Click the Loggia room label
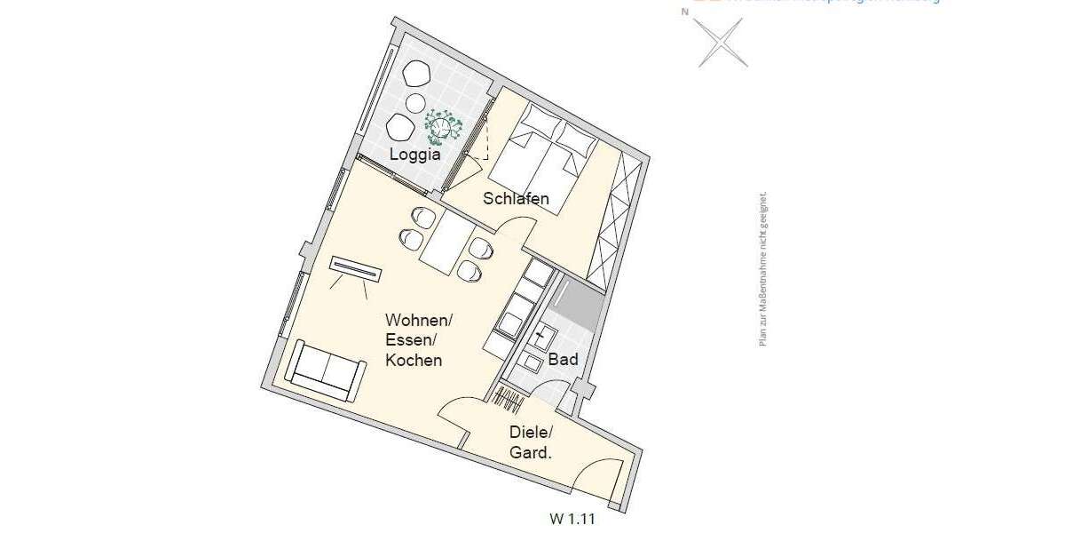(416, 155)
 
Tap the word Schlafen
(516, 199)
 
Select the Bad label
(563, 360)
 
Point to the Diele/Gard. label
(530, 442)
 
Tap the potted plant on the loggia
(443, 127)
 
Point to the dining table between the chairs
(449, 246)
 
